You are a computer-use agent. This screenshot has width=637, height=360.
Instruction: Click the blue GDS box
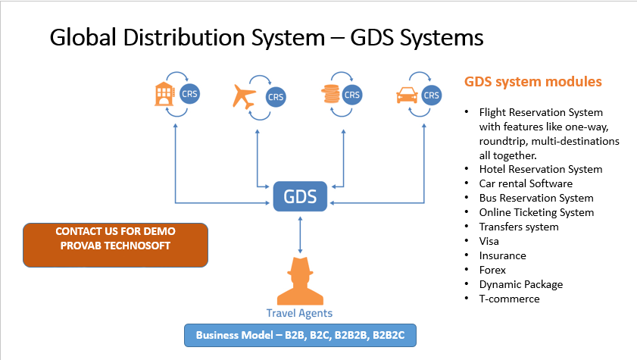(300, 196)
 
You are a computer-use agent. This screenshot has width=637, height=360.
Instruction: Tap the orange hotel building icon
(164, 94)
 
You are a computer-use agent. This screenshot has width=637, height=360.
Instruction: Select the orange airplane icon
(244, 97)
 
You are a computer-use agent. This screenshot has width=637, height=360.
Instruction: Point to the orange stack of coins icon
(331, 94)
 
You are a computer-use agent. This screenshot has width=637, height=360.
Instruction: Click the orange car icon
(407, 95)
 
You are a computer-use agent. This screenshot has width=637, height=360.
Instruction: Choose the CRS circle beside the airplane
(276, 97)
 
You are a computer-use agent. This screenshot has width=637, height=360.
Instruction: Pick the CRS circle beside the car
(431, 95)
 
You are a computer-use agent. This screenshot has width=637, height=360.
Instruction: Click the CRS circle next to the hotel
(189, 94)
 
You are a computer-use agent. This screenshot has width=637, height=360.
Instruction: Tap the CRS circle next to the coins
(351, 95)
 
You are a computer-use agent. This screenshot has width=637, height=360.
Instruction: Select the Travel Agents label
(299, 313)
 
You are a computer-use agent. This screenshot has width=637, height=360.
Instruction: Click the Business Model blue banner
(300, 335)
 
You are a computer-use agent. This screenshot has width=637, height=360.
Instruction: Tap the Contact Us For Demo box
(115, 245)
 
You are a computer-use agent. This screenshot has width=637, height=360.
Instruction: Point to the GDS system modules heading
(533, 82)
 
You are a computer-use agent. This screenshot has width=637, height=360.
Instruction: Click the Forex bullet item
(492, 270)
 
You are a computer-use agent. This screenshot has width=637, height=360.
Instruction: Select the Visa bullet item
(489, 241)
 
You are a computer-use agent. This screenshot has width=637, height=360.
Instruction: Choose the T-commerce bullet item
(510, 299)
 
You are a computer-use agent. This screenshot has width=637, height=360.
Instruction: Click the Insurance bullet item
(502, 255)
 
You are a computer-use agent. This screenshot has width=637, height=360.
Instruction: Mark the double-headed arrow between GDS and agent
(300, 235)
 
